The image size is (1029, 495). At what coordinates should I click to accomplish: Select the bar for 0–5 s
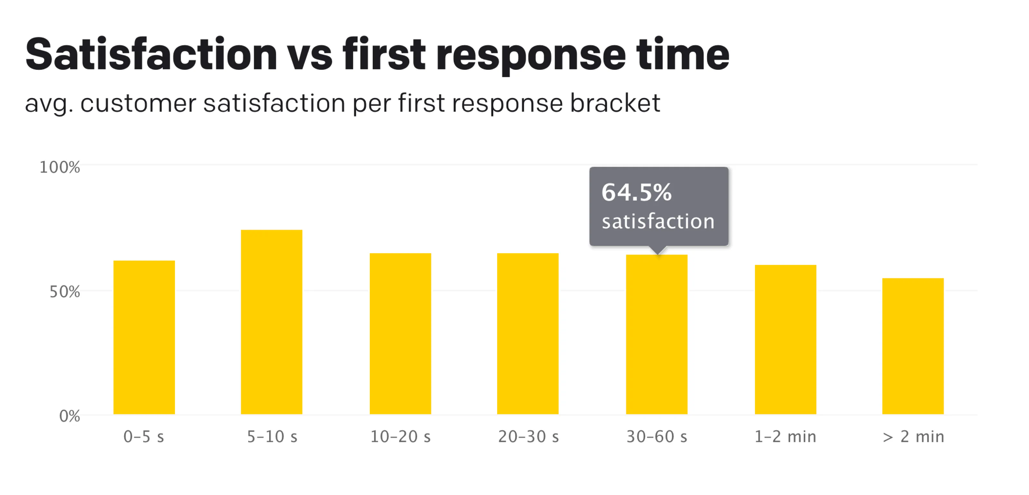click(x=144, y=337)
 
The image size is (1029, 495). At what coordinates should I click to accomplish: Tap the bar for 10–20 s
click(x=400, y=333)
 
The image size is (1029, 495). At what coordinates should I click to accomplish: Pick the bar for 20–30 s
click(x=528, y=333)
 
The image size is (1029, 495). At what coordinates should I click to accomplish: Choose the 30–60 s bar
click(x=657, y=335)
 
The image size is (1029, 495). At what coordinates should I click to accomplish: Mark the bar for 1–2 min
click(x=785, y=339)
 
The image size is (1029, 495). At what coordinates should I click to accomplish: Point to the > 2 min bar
click(x=913, y=346)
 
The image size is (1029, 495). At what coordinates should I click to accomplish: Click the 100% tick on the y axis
click(x=60, y=167)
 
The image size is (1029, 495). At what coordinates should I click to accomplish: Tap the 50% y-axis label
click(x=65, y=292)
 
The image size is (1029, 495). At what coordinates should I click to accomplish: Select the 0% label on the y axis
click(x=69, y=416)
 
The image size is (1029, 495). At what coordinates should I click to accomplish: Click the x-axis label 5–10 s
click(x=272, y=437)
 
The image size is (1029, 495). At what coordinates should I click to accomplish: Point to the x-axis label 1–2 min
click(x=785, y=437)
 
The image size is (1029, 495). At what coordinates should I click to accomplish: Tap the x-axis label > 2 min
click(x=913, y=437)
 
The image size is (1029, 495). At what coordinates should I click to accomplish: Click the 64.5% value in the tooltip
click(x=636, y=193)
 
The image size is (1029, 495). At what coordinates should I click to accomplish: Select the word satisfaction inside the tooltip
click(x=658, y=221)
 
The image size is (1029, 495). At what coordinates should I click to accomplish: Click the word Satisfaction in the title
click(x=151, y=54)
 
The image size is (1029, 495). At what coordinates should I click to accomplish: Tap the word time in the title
click(x=683, y=54)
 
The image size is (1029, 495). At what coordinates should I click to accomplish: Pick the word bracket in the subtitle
click(x=615, y=103)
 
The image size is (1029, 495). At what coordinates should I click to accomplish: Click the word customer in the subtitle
click(x=138, y=103)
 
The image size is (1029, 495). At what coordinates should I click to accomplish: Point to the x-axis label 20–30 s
click(x=528, y=437)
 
